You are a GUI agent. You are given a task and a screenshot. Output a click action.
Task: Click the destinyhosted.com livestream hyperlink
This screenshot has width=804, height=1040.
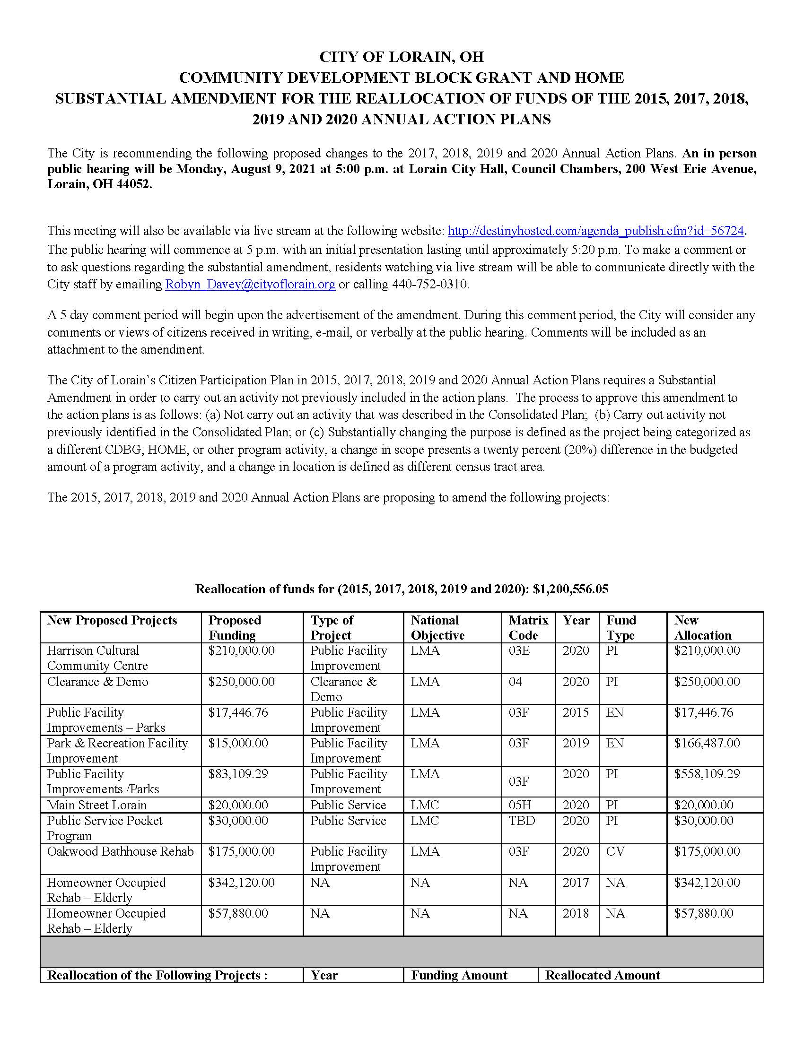[x=595, y=232]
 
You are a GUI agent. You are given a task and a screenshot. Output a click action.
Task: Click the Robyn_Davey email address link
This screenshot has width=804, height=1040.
[x=250, y=285]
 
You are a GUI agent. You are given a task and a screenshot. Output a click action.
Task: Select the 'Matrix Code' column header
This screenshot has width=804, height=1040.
[x=528, y=628]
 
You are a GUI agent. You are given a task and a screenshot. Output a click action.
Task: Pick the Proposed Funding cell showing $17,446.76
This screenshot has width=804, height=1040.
[x=238, y=712]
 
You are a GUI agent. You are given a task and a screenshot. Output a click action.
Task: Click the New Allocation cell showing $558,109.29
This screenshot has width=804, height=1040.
[x=707, y=774]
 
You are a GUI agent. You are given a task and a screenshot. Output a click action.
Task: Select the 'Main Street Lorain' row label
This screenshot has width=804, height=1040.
[x=96, y=805]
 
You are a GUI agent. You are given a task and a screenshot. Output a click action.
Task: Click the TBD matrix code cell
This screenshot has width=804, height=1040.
[x=522, y=821]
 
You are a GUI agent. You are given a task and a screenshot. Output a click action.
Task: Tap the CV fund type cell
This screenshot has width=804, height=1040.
[x=615, y=851]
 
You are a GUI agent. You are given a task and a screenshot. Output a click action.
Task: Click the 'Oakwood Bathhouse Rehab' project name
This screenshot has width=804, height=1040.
[x=120, y=851]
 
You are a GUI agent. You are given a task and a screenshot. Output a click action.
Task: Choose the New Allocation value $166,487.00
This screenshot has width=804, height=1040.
[x=707, y=743]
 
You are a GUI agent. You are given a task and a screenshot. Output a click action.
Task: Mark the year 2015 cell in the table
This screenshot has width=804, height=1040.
[x=576, y=712]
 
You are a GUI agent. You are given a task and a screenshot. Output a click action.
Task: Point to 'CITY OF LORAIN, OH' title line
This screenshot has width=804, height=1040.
[x=401, y=57]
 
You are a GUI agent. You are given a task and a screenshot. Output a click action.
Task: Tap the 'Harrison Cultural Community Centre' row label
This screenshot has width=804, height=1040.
[x=97, y=658]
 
